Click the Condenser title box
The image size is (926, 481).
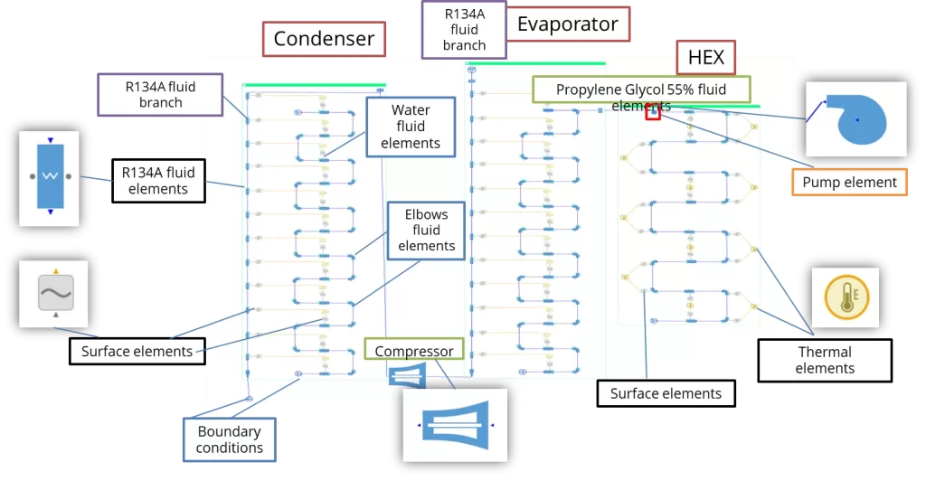pyautogui.click(x=324, y=39)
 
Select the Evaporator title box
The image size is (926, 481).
pyautogui.click(x=567, y=24)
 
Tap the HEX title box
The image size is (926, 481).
pyautogui.click(x=705, y=58)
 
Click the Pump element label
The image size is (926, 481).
pyautogui.click(x=849, y=183)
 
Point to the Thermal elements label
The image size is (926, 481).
pyautogui.click(x=824, y=360)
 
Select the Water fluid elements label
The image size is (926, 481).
pyautogui.click(x=410, y=127)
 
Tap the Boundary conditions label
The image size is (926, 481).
pyautogui.click(x=230, y=439)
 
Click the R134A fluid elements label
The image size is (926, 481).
pyautogui.click(x=158, y=180)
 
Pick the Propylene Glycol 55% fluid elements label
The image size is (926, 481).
pyautogui.click(x=640, y=90)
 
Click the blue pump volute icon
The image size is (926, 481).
pyautogui.click(x=855, y=117)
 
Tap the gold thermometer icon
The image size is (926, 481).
pyautogui.click(x=845, y=297)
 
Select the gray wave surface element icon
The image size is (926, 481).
pyautogui.click(x=54, y=294)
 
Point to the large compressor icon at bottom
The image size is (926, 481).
pyautogui.click(x=455, y=424)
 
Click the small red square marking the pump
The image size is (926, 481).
pyautogui.click(x=652, y=113)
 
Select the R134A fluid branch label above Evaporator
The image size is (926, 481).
pyautogui.click(x=464, y=30)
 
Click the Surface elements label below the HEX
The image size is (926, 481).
pyautogui.click(x=666, y=393)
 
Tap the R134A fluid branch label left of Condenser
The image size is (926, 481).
pyautogui.click(x=160, y=94)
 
